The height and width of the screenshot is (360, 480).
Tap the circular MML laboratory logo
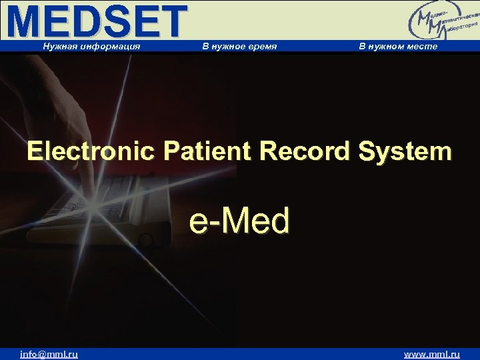437,22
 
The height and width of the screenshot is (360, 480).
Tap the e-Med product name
240,221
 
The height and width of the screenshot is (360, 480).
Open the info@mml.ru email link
49,354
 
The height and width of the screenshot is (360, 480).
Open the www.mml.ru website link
432,354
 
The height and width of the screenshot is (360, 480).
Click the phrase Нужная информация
91,46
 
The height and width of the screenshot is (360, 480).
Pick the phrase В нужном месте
398,46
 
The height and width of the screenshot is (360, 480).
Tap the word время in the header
261,46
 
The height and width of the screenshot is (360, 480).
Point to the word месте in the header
423,46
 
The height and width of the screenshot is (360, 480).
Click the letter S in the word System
369,151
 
